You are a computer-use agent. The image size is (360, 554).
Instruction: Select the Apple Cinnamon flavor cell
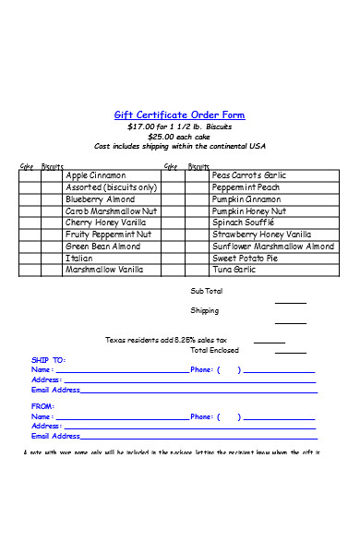(x=96, y=175)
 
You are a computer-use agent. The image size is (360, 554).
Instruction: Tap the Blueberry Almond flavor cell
(x=101, y=199)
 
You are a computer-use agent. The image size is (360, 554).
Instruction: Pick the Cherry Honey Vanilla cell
(x=106, y=223)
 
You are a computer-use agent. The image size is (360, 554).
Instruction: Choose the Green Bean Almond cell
(x=103, y=247)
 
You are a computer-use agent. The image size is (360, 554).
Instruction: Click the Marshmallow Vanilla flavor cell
(x=104, y=270)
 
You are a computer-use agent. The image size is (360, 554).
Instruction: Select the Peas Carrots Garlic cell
(x=249, y=175)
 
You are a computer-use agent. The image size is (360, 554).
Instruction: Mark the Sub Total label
(x=206, y=291)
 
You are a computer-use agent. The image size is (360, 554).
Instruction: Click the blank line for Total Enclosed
(x=291, y=352)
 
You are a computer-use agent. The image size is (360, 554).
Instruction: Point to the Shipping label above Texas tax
(x=205, y=311)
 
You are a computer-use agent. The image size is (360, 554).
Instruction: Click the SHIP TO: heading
(x=49, y=359)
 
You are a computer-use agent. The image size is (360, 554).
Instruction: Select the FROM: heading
(x=43, y=405)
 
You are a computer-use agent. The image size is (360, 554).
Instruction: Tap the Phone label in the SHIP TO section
(x=202, y=370)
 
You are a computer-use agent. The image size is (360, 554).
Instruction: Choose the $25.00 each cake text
(x=179, y=137)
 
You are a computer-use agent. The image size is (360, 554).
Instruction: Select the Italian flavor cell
(x=79, y=259)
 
